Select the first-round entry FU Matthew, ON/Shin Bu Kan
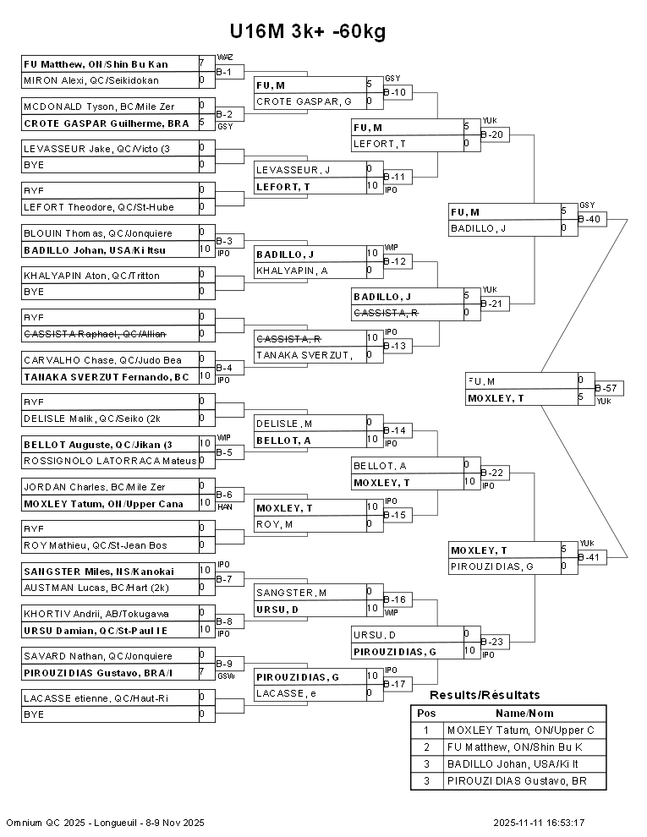click(96, 63)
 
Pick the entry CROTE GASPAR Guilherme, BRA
click(107, 123)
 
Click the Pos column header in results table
click(426, 713)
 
